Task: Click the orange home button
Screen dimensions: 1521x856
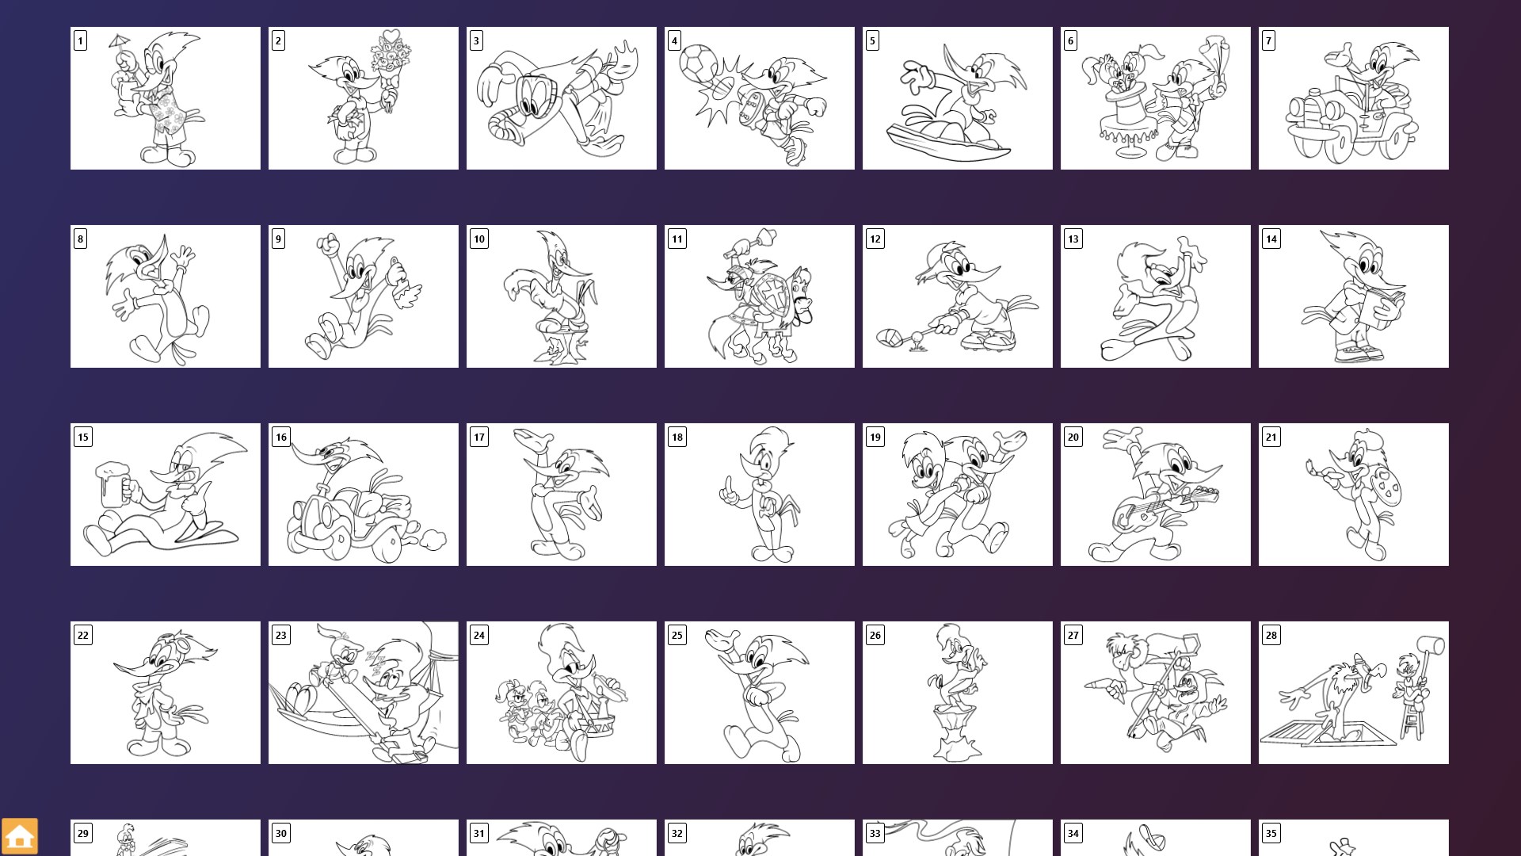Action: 20,836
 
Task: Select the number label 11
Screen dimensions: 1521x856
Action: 677,239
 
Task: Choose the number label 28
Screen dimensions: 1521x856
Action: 1271,635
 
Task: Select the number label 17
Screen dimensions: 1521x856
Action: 478,437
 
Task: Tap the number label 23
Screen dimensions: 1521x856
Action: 280,635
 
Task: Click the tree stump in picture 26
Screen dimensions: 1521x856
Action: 958,734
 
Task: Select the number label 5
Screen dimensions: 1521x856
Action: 872,40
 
